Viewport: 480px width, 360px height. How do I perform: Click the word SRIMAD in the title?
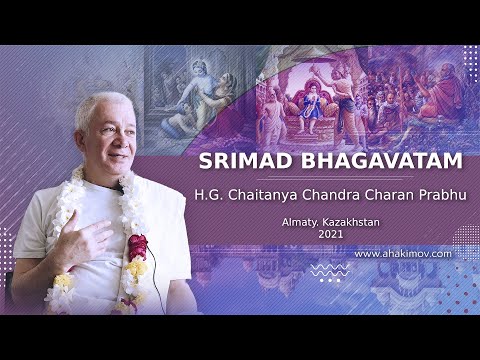(241, 161)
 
